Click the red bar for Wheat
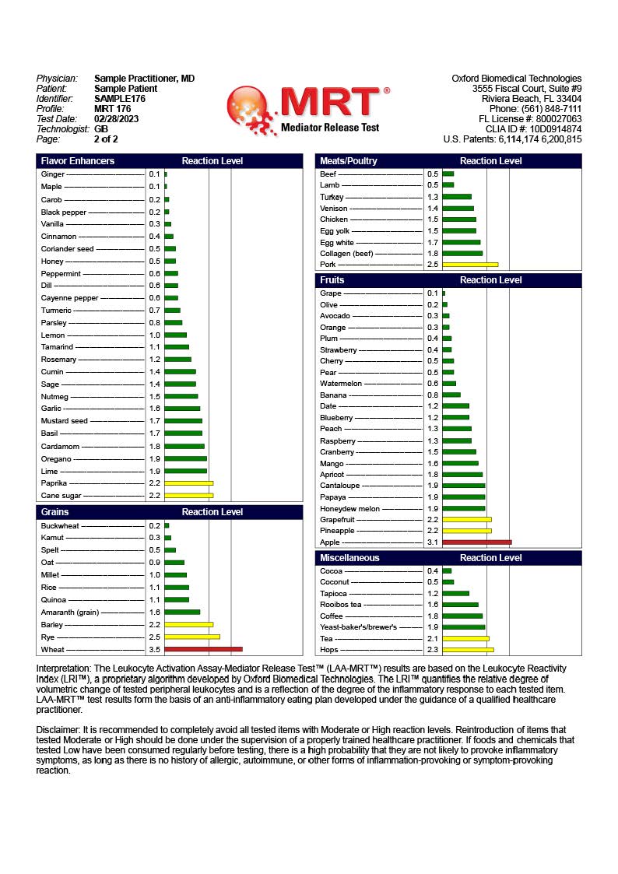tap(203, 649)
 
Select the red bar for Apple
tap(476, 542)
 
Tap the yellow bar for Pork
tap(470, 265)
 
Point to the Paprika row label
tap(54, 483)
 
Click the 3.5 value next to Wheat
tap(154, 649)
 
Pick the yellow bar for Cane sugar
tap(188, 495)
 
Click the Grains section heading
tap(54, 512)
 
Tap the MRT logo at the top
tap(307, 109)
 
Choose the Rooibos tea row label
tap(341, 605)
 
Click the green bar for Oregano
tap(185, 458)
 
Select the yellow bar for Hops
tap(468, 649)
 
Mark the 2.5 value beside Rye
tap(154, 637)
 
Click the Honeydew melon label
tap(349, 509)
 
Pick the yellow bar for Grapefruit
tap(466, 519)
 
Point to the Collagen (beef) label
tap(346, 253)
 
